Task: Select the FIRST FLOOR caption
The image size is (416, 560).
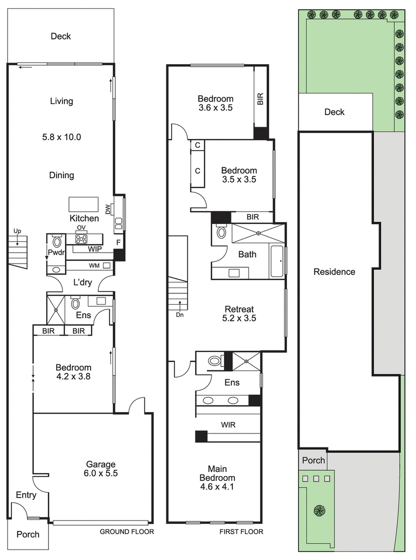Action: tap(241, 532)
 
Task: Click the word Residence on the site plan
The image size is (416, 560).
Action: tap(334, 271)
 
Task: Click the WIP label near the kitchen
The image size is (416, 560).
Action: tap(95, 249)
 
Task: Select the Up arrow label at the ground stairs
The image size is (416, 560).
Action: tap(17, 231)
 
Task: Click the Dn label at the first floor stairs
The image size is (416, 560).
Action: tap(179, 314)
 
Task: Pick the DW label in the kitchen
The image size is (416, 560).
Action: tap(108, 210)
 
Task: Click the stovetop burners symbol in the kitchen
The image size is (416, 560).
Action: tap(82, 239)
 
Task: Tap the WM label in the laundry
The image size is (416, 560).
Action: tap(94, 266)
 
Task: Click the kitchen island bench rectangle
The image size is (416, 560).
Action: tap(84, 203)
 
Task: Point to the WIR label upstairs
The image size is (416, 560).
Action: tap(228, 425)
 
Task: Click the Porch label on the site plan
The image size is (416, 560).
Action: tap(313, 460)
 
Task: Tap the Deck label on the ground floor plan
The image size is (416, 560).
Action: tap(61, 36)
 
